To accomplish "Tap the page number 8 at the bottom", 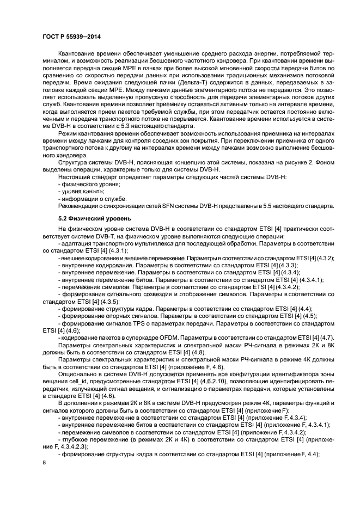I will pyautogui.click(x=45, y=463).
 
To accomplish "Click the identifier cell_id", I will pyautogui.click(x=100, y=385).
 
